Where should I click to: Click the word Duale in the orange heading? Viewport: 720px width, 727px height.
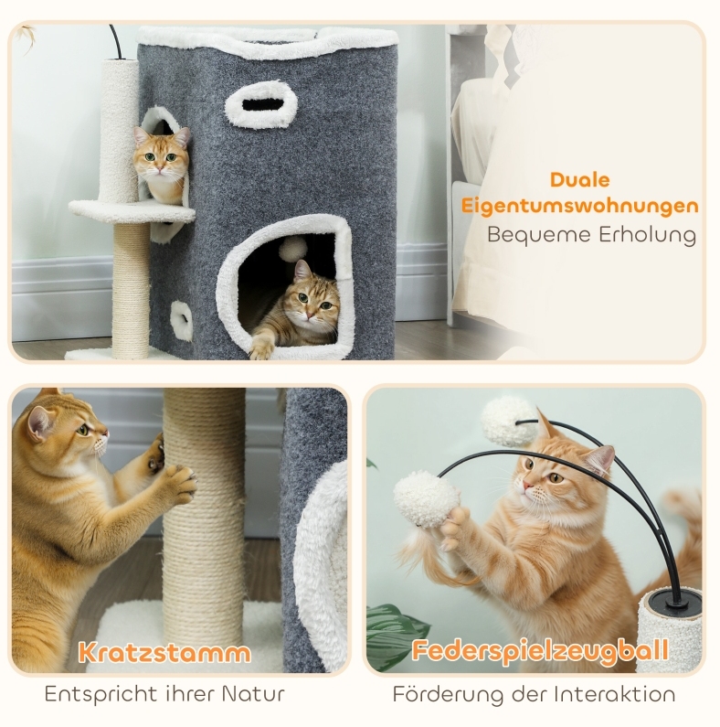click(x=579, y=180)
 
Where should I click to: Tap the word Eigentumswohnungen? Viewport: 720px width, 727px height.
click(x=579, y=206)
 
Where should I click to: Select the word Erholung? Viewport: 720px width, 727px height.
click(x=647, y=235)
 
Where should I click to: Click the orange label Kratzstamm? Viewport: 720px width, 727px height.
click(x=164, y=652)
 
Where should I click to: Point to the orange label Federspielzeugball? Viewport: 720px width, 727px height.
click(x=540, y=650)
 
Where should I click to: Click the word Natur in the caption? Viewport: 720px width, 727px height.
click(x=253, y=694)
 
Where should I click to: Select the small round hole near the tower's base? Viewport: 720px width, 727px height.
click(x=182, y=320)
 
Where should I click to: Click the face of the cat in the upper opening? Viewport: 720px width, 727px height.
click(x=161, y=156)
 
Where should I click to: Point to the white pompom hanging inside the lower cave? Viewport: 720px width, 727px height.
click(x=291, y=251)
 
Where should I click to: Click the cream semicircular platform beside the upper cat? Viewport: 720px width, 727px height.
click(x=132, y=210)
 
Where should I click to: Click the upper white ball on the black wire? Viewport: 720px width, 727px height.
click(x=509, y=422)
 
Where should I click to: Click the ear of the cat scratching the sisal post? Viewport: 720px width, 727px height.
click(x=40, y=422)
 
